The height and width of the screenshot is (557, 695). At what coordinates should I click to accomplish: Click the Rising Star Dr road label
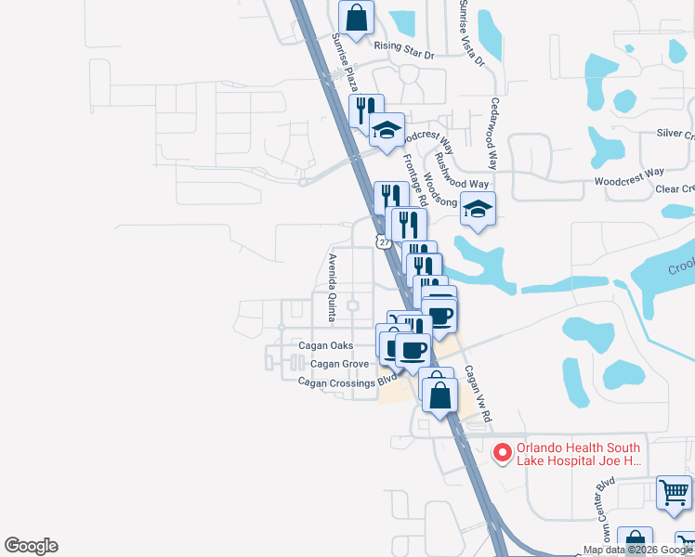(x=404, y=54)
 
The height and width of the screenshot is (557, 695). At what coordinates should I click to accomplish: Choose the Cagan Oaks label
(x=325, y=345)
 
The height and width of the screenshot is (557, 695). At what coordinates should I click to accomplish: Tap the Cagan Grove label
(x=340, y=365)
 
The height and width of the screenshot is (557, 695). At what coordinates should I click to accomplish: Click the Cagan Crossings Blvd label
(x=347, y=381)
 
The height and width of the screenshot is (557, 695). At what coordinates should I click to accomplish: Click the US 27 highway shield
(x=383, y=241)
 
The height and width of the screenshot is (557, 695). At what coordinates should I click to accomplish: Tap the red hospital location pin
(x=503, y=453)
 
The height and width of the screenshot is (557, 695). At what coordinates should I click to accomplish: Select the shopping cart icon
(x=674, y=491)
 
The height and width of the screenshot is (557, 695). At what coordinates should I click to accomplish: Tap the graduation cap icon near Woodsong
(x=478, y=209)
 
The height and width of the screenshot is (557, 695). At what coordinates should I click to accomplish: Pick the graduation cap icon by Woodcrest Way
(x=387, y=130)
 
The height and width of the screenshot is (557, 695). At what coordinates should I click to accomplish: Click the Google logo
(x=31, y=545)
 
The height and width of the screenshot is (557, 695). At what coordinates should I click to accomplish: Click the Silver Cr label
(x=675, y=135)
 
